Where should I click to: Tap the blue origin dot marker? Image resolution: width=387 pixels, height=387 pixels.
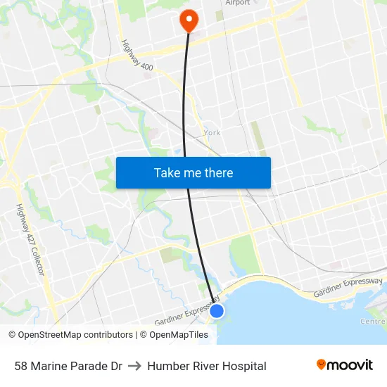(217, 310)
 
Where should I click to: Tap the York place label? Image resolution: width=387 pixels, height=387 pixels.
(211, 132)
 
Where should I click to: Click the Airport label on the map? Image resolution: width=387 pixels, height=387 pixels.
(237, 3)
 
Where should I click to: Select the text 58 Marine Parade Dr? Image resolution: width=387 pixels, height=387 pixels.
(68, 366)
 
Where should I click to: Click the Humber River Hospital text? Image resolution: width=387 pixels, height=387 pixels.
(207, 366)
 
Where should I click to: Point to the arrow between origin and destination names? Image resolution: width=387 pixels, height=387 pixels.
(134, 366)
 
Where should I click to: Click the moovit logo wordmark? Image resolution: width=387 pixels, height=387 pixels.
(350, 365)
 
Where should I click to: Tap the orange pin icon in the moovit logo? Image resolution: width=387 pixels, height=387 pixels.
(322, 364)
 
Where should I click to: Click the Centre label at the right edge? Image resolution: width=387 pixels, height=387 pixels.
(373, 322)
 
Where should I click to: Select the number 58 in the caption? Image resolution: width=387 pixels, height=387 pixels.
(21, 366)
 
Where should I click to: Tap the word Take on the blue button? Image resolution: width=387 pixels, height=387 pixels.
(167, 173)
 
